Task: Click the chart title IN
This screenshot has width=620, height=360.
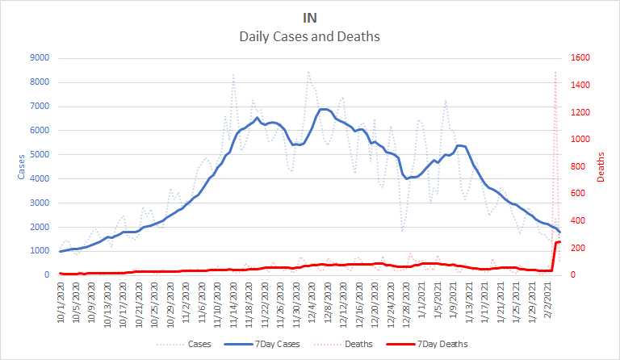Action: click(310, 17)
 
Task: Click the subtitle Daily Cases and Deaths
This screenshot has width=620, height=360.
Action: click(310, 36)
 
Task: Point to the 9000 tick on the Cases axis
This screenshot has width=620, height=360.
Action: click(37, 58)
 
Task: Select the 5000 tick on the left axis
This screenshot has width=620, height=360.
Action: click(37, 154)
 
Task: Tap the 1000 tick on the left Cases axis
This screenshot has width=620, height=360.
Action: click(37, 251)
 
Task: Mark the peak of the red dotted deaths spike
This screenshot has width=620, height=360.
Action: click(555, 72)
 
